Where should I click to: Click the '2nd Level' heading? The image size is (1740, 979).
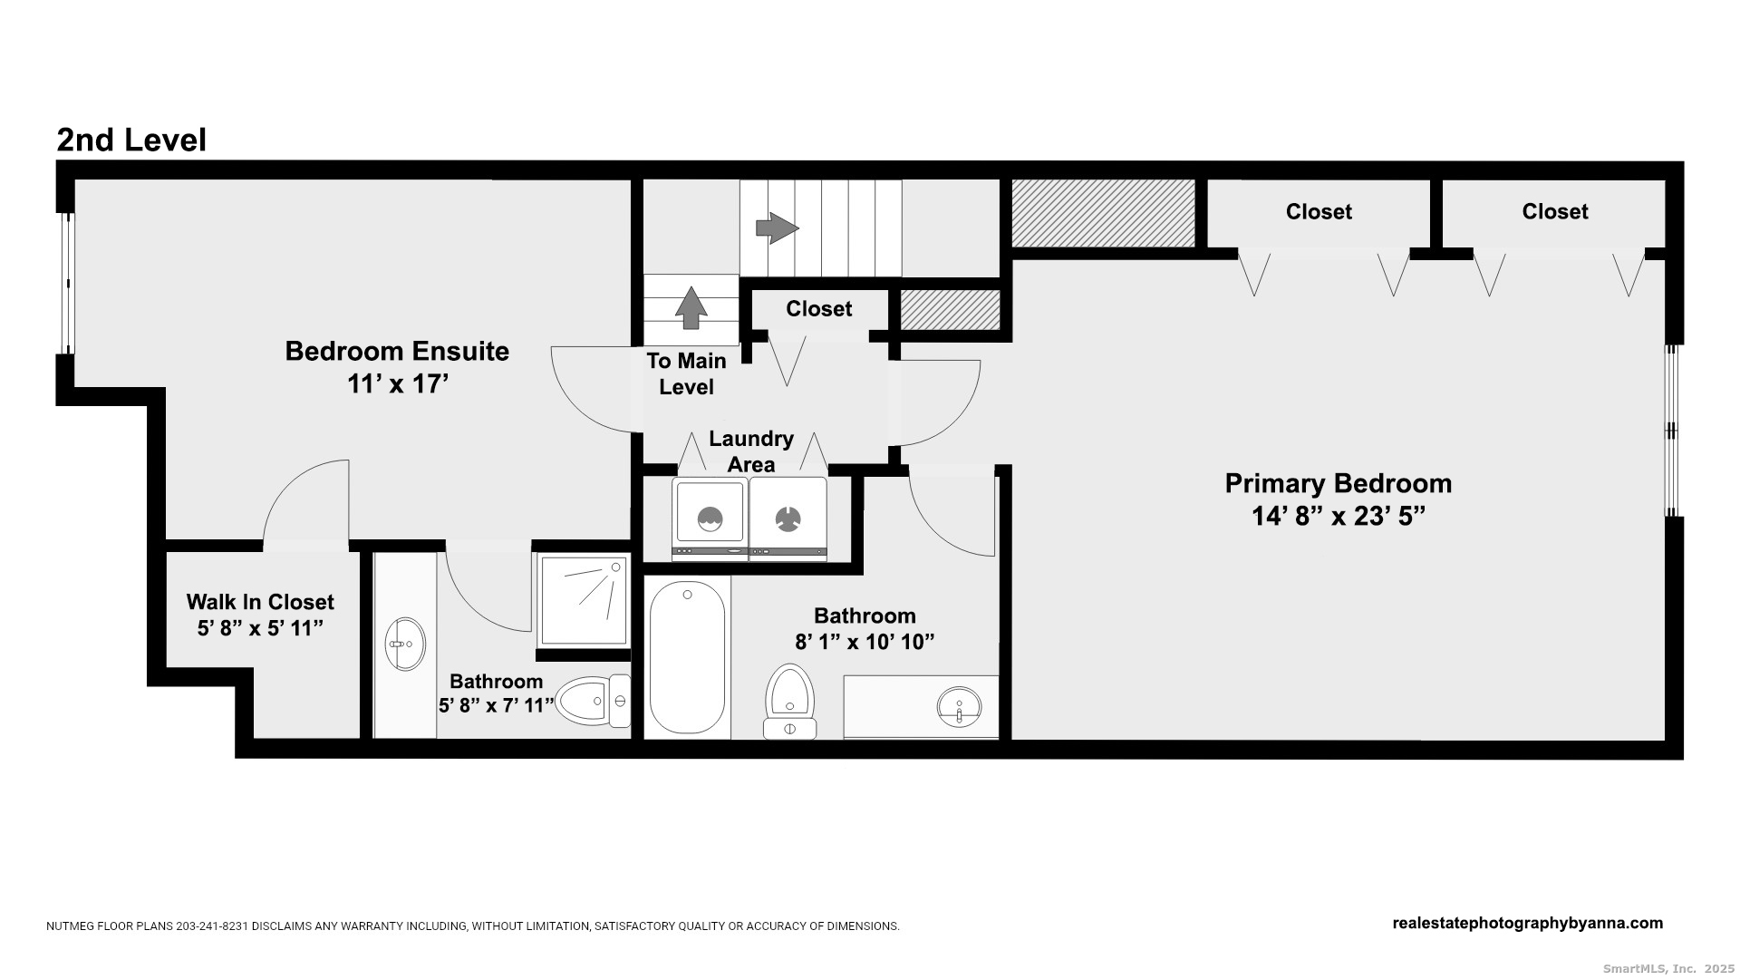click(x=131, y=140)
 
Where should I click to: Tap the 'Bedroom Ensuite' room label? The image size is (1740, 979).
click(x=397, y=351)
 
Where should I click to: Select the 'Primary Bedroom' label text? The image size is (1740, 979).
click(x=1339, y=483)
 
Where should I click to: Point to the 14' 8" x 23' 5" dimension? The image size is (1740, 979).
click(x=1339, y=516)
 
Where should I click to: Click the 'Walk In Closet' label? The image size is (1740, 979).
click(x=260, y=602)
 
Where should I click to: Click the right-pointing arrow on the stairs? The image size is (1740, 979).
click(x=777, y=228)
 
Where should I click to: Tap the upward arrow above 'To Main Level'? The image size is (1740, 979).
click(x=691, y=307)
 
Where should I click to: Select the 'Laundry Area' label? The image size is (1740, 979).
click(x=751, y=451)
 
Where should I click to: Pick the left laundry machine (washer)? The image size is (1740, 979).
click(x=710, y=519)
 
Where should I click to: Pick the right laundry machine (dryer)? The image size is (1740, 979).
click(x=788, y=519)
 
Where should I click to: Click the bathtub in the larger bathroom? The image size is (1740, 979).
click(x=688, y=658)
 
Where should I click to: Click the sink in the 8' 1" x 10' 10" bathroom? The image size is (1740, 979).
click(x=959, y=704)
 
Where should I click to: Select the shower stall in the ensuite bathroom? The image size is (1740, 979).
click(x=583, y=600)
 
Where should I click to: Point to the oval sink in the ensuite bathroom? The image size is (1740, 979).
click(x=405, y=645)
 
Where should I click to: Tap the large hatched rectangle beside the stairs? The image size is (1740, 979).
click(x=1103, y=213)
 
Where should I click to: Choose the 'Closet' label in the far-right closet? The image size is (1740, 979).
click(x=1555, y=211)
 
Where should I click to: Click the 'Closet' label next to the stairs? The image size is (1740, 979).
click(x=819, y=309)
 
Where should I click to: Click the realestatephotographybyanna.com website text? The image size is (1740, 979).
click(x=1528, y=924)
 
